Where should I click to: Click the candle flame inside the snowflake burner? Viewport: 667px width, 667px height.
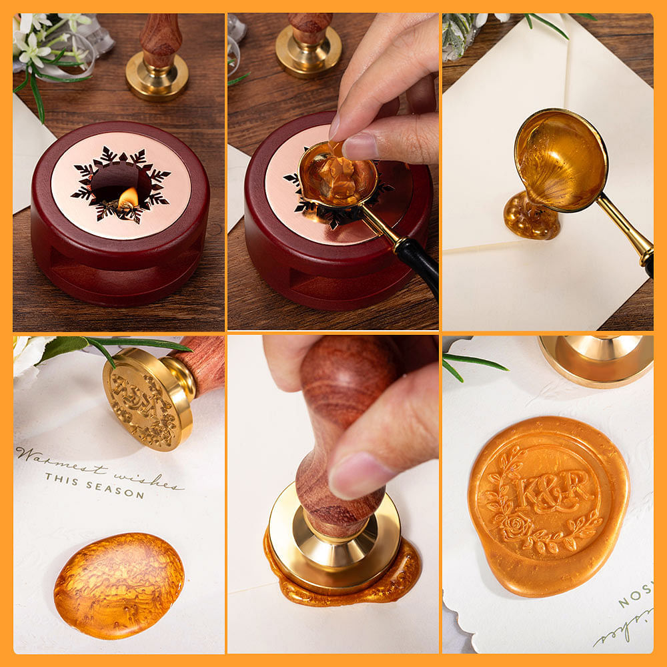129,197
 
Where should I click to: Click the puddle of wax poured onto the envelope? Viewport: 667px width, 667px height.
532,217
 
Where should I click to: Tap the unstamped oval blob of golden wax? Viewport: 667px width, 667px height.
118,584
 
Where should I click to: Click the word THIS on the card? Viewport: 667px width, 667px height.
61,478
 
